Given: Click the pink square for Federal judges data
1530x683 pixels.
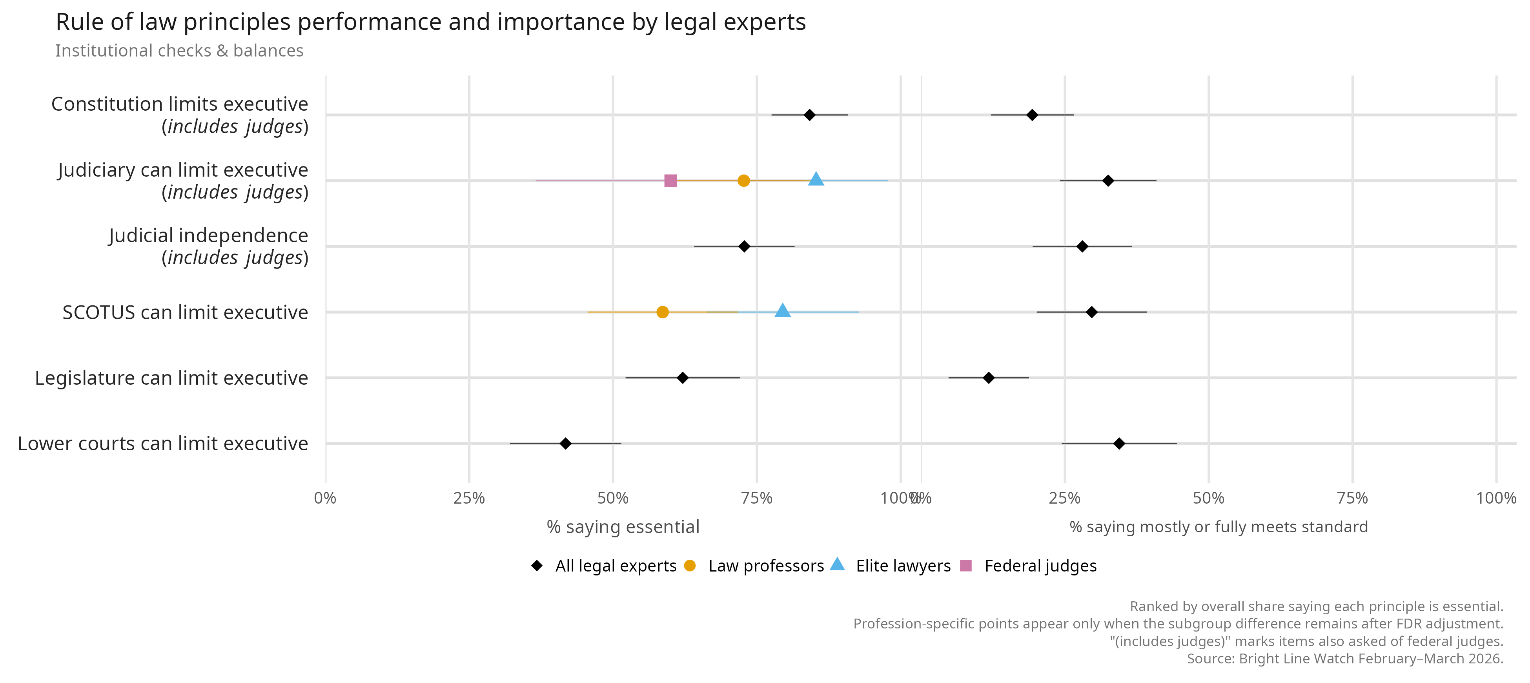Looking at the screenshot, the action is point(670,180).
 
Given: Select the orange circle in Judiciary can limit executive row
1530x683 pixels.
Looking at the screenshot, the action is point(743,180).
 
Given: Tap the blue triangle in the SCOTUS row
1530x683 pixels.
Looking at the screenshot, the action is point(782,310).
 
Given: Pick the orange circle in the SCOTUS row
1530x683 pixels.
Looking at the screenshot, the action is point(662,312).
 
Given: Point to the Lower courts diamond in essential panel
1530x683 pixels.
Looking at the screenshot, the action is point(565,444).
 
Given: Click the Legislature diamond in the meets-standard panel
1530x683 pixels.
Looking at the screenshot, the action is point(988,378).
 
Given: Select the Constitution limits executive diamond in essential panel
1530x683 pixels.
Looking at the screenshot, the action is point(809,115).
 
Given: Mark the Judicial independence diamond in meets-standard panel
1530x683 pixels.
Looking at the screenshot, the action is point(1082,246).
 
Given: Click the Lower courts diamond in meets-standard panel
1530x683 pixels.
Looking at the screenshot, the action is point(1119,444).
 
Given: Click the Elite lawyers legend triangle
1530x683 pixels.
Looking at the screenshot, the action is point(837,564).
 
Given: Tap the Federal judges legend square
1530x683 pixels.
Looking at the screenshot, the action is point(966,565).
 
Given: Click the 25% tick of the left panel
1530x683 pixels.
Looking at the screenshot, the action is point(469,498).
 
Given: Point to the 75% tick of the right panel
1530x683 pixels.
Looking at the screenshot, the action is point(1352,498).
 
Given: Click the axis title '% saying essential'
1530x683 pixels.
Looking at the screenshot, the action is point(623,527).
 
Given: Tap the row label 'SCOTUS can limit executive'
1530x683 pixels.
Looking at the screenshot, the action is point(185,312).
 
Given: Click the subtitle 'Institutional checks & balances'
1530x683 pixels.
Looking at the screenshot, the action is point(179,51).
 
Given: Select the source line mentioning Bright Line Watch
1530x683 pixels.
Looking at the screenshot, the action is point(1345,659).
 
